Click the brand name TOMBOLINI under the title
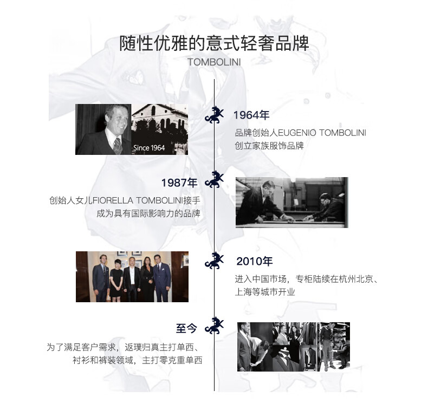[214, 62]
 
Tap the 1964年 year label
[251, 115]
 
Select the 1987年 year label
[179, 183]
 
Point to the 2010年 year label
[254, 262]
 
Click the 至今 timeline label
[187, 328]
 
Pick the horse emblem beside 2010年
[215, 261]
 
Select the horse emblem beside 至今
[215, 326]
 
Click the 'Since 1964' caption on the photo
[148, 148]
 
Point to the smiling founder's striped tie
[116, 145]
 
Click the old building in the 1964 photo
[160, 122]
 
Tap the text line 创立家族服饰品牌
[269, 146]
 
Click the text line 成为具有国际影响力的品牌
[148, 213]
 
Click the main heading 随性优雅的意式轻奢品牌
[214, 43]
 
